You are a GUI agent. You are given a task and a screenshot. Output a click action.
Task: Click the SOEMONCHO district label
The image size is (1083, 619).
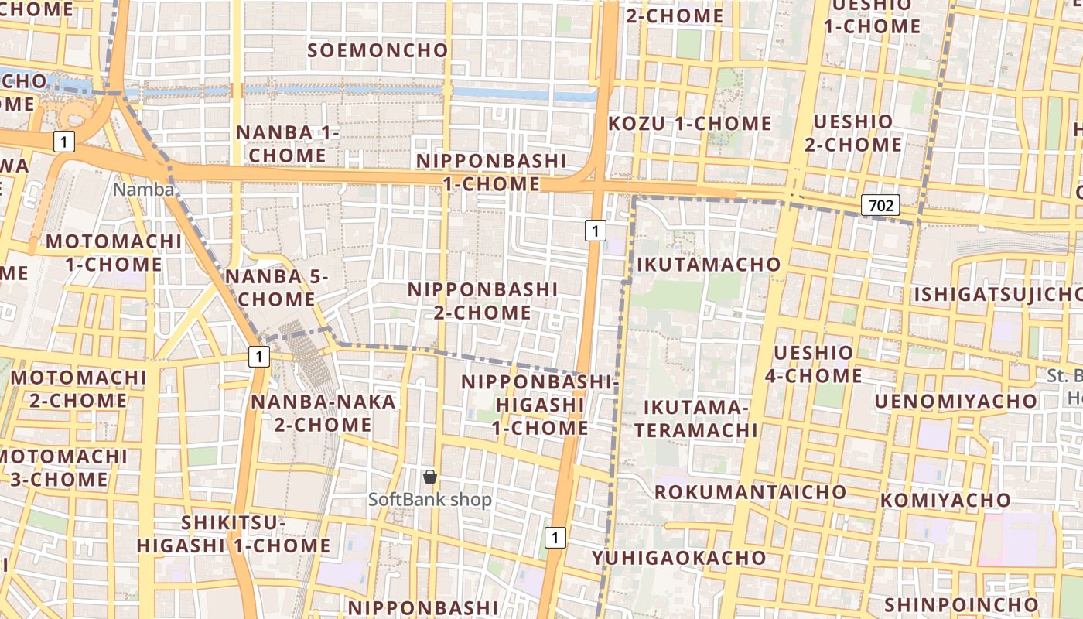pyautogui.click(x=378, y=50)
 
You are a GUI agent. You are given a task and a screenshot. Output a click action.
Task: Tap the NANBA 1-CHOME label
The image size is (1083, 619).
pyautogui.click(x=288, y=144)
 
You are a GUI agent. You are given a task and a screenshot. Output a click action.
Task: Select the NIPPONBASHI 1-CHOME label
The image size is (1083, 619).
pyautogui.click(x=492, y=172)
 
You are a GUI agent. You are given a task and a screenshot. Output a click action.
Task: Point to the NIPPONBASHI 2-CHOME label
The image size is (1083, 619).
pyautogui.click(x=483, y=300)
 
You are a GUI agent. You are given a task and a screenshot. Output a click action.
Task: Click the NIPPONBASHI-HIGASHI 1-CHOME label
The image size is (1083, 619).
pyautogui.click(x=540, y=405)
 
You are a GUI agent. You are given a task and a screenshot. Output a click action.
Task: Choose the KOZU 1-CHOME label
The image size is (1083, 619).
pyautogui.click(x=690, y=123)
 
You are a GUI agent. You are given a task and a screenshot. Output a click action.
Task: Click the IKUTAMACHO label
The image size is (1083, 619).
pyautogui.click(x=709, y=265)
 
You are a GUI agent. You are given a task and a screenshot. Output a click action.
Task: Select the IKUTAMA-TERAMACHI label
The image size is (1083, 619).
pyautogui.click(x=696, y=419)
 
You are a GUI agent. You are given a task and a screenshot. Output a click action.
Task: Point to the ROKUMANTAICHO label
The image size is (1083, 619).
pyautogui.click(x=750, y=492)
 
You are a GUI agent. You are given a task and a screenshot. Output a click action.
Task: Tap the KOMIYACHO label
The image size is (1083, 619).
pyautogui.click(x=945, y=500)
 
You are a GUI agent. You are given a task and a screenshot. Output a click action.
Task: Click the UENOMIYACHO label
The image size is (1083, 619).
pyautogui.click(x=956, y=401)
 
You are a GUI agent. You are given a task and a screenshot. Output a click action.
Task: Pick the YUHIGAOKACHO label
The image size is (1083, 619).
pyautogui.click(x=679, y=558)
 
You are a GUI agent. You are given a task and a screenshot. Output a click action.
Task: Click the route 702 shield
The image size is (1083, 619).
pyautogui.click(x=881, y=205)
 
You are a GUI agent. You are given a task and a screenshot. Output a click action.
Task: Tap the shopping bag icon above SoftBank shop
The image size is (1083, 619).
pyautogui.click(x=430, y=477)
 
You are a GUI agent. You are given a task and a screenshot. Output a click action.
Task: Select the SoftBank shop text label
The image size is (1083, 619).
pyautogui.click(x=430, y=500)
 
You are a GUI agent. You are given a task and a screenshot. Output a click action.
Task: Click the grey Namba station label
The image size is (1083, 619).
pyautogui.click(x=143, y=189)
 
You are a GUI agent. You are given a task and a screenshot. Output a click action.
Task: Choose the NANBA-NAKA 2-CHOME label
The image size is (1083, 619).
pyautogui.click(x=323, y=413)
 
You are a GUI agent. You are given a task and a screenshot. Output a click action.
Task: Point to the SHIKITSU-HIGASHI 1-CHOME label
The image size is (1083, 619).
pyautogui.click(x=234, y=535)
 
